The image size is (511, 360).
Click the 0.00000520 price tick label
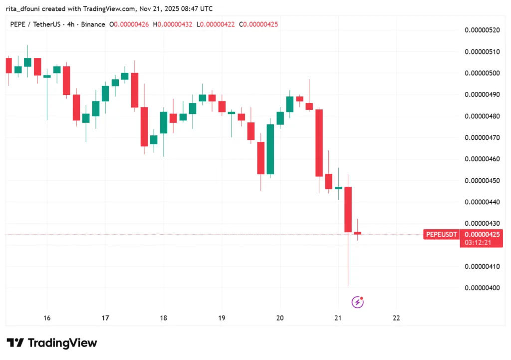(x=482, y=30)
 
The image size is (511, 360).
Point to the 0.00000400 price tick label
(x=482, y=288)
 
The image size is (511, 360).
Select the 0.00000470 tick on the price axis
(x=482, y=137)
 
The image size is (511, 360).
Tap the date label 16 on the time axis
(x=47, y=318)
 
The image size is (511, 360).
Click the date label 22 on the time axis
(x=396, y=318)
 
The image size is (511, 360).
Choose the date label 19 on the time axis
(x=222, y=318)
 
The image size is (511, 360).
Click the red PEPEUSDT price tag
(x=442, y=234)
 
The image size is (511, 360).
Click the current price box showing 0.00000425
(x=482, y=234)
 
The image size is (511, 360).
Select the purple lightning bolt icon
(x=357, y=302)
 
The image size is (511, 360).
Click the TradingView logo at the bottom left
(x=52, y=343)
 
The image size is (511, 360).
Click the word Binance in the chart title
(x=93, y=24)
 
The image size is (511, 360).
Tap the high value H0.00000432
(x=172, y=24)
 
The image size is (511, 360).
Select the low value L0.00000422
(x=216, y=24)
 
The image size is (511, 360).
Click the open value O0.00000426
(x=129, y=24)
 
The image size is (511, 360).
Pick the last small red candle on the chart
(x=357, y=233)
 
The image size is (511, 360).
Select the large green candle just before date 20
(x=270, y=149)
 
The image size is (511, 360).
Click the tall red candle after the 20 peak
(x=319, y=143)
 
